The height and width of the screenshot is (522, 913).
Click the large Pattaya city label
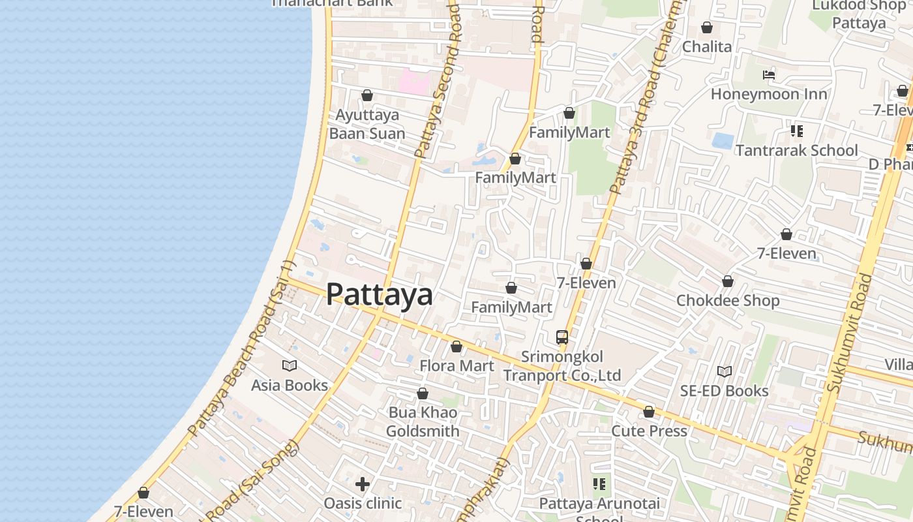coord(379,294)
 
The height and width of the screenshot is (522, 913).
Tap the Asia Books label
coord(290,385)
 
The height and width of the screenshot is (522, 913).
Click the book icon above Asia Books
coord(290,366)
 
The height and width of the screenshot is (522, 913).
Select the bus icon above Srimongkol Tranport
coord(562,337)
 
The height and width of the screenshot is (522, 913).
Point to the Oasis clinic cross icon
coord(363,484)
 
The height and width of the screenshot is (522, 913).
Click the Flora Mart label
coord(456,365)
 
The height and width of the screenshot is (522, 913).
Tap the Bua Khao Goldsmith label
coord(423,422)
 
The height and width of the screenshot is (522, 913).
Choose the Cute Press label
coord(649,431)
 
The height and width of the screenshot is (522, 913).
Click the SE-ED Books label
coord(725,391)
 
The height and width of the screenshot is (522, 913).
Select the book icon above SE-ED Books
coord(725,371)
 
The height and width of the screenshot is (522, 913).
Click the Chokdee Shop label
coord(728,300)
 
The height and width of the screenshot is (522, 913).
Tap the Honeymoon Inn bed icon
coord(769,75)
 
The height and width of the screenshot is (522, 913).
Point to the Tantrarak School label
coord(796,150)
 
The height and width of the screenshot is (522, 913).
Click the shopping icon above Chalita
coord(707,27)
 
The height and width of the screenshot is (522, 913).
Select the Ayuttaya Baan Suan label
coord(367,124)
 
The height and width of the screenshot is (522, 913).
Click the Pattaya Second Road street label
coord(438,82)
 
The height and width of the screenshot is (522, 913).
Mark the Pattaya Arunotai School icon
coord(599,484)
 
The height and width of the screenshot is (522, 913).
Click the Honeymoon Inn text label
coord(769,94)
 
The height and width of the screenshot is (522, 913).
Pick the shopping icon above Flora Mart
coord(456,346)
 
